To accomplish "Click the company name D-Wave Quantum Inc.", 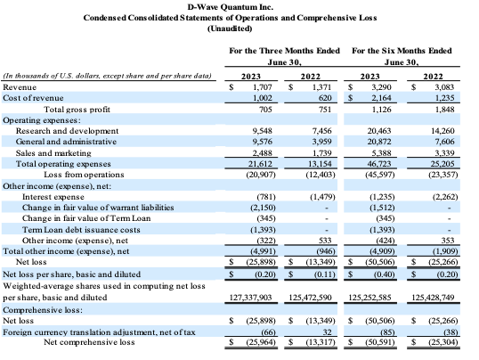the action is pos(230,7).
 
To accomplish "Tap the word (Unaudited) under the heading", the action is pos(230,29).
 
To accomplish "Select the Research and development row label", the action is pos(67,131).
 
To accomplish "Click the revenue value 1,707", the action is pos(263,87).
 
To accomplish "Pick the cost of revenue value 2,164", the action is pos(381,98).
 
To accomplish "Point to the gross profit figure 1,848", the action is pos(445,110).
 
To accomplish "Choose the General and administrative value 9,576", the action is pos(263,142).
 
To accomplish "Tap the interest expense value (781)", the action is pos(266,197).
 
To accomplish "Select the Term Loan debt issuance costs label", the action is pos(81,230).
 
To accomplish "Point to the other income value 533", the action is pos(325,241).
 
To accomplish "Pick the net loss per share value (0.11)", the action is pos(325,274).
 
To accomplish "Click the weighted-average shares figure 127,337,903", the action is pos(250,298).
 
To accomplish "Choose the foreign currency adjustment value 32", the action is pos(327,332).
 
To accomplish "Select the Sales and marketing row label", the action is pos(53,153).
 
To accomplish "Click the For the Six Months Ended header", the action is pos(402,51).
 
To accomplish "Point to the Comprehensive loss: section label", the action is pos(43,310).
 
